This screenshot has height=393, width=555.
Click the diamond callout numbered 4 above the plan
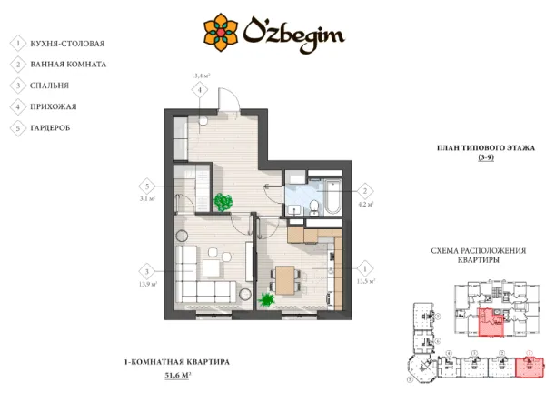click(x=199, y=90)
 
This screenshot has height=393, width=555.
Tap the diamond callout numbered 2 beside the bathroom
click(x=364, y=191)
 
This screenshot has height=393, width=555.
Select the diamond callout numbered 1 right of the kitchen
click(x=364, y=269)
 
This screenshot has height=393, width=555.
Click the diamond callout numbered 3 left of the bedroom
click(x=144, y=270)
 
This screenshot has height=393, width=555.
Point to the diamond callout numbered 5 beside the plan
click(x=145, y=185)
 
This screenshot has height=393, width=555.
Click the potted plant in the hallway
click(x=222, y=202)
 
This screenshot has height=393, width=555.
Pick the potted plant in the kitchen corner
click(x=267, y=298)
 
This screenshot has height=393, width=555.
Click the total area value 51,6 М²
click(x=177, y=375)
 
